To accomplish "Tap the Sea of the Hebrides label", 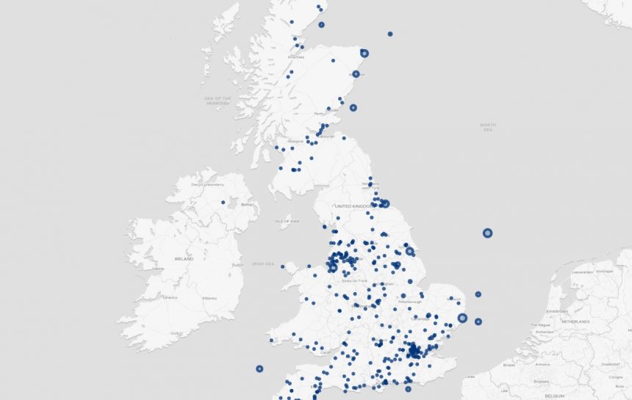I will (218, 100).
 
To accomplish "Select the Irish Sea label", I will (262, 264).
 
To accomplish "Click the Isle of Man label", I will (288, 221).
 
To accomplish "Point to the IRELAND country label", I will (184, 259).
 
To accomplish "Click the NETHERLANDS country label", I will (575, 321).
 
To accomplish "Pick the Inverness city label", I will (296, 57).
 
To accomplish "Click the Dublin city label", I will (237, 265).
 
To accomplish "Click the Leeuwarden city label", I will (582, 272).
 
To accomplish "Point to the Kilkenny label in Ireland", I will (209, 298).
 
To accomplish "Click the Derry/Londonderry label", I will (207, 184).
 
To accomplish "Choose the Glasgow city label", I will (295, 141).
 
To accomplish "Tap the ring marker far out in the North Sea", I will (487, 233).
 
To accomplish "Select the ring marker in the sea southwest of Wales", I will (259, 368).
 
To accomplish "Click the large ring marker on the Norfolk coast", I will (462, 318).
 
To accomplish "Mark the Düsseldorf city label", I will (607, 364).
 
